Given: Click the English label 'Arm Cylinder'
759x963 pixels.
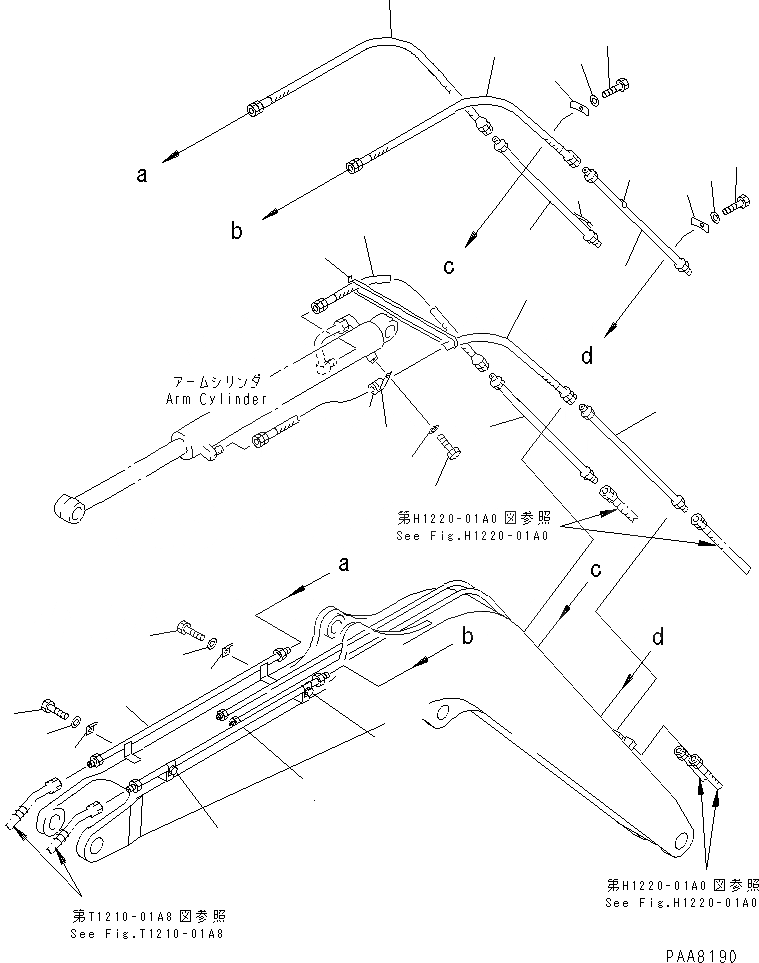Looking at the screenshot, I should point(218,399).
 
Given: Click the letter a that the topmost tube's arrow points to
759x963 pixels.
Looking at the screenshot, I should point(142,174).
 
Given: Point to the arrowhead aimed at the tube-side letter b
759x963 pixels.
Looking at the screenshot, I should point(268,212).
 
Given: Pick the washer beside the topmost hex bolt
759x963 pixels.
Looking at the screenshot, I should point(596,97).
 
